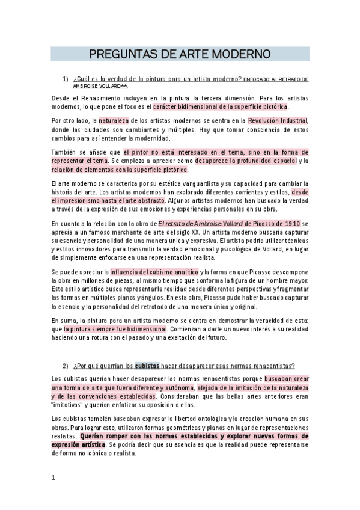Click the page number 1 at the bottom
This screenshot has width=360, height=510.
pos(53,478)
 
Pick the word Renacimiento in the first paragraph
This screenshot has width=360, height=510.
pos(98,97)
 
